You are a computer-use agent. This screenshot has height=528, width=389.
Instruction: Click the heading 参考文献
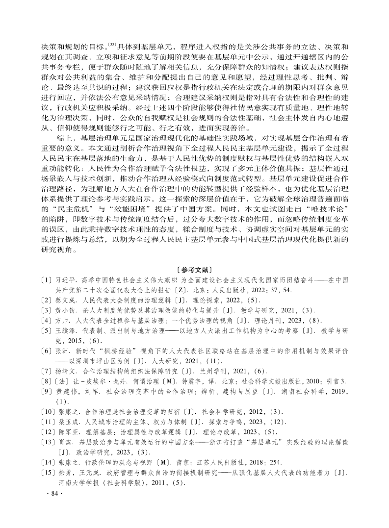click(x=195, y=269)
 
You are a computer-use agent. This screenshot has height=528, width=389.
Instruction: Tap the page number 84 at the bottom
click(x=53, y=493)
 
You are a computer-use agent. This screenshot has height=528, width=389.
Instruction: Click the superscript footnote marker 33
click(x=112, y=45)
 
